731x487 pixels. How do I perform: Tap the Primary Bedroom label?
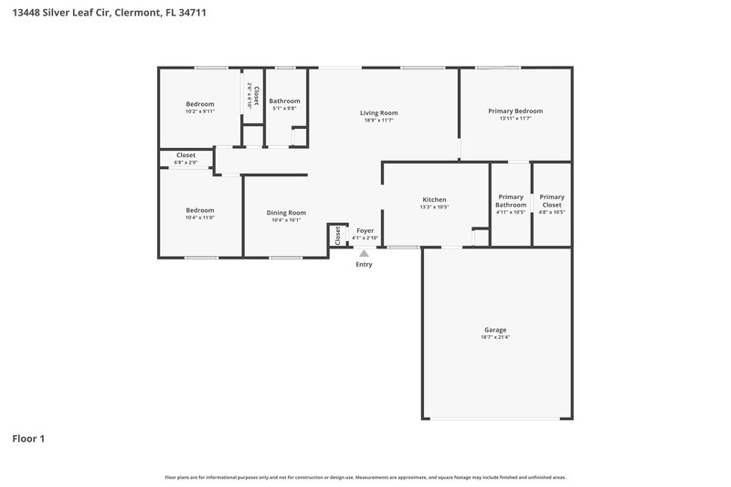[x=515, y=111]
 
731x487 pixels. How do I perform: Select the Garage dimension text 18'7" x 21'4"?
[x=495, y=337]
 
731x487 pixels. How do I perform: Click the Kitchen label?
[x=434, y=199]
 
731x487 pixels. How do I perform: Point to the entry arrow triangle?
[x=364, y=253]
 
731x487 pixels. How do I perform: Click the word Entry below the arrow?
[x=364, y=265]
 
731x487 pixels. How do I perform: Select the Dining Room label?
[x=286, y=212]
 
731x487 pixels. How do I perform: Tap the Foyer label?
[x=365, y=231]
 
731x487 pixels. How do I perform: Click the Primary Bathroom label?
[x=511, y=200]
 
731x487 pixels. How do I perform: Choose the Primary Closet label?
[x=552, y=200]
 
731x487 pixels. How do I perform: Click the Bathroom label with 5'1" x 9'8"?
[x=284, y=101]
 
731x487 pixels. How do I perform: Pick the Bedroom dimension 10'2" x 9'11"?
[x=199, y=111]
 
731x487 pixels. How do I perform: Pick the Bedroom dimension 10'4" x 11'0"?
[x=199, y=217]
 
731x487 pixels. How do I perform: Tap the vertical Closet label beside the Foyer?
[x=337, y=235]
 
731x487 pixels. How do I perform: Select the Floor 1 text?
[x=27, y=439]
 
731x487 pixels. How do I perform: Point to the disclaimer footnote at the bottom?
[x=365, y=477]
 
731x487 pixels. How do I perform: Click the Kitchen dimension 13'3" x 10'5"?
[x=434, y=206]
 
